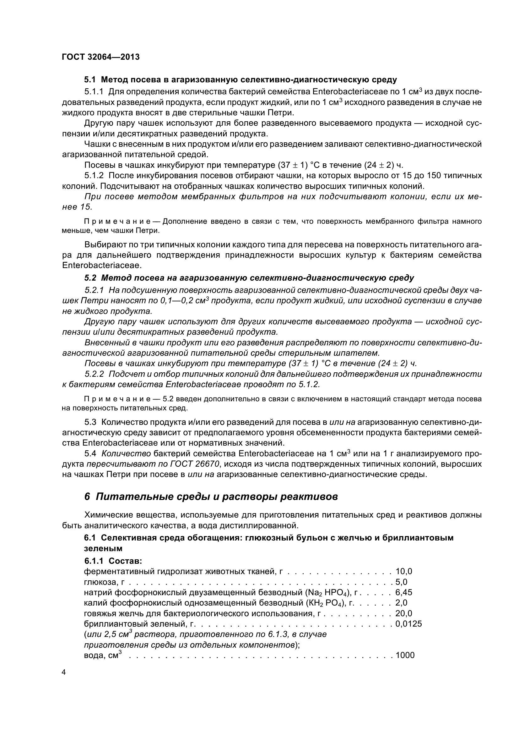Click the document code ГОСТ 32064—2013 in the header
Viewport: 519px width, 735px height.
(101, 57)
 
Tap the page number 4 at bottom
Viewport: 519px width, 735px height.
(64, 672)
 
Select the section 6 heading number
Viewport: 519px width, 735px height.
(87, 497)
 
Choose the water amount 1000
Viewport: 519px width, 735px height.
(405, 655)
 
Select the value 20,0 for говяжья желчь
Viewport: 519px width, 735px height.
(404, 613)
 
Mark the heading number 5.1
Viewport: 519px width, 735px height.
(90, 80)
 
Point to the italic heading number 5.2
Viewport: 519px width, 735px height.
(90, 277)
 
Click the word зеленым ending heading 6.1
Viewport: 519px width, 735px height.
(103, 548)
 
